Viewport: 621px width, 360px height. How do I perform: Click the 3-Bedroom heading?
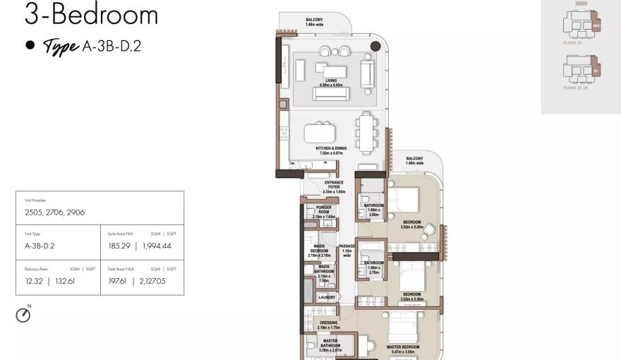[x=91, y=15]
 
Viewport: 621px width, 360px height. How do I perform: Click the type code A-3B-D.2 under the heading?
[x=112, y=47]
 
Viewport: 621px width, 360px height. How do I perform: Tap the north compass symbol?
[x=23, y=316]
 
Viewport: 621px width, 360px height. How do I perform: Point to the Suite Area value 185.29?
[x=119, y=246]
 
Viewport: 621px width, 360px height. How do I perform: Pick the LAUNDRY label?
[x=327, y=297]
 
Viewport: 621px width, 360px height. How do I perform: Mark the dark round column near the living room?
[x=375, y=47]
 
